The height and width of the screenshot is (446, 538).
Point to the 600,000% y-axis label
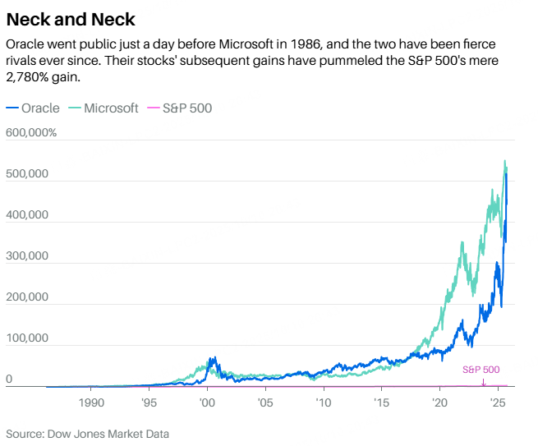31,133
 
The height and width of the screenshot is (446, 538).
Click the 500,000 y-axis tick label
27,174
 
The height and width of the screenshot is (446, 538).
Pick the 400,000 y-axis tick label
27,215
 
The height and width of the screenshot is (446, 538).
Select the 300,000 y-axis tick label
27,256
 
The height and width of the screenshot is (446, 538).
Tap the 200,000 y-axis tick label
27,297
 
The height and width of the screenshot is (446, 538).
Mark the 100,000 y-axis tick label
27,338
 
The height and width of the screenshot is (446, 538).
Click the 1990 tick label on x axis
91,403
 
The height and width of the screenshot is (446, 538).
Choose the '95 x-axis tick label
149,403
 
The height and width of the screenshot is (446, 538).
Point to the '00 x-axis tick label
207,403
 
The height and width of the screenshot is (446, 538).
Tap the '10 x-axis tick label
323,403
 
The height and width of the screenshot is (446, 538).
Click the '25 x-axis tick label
497,403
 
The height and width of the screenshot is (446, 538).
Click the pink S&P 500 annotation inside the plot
481,370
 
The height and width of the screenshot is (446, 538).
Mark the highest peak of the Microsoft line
504,161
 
